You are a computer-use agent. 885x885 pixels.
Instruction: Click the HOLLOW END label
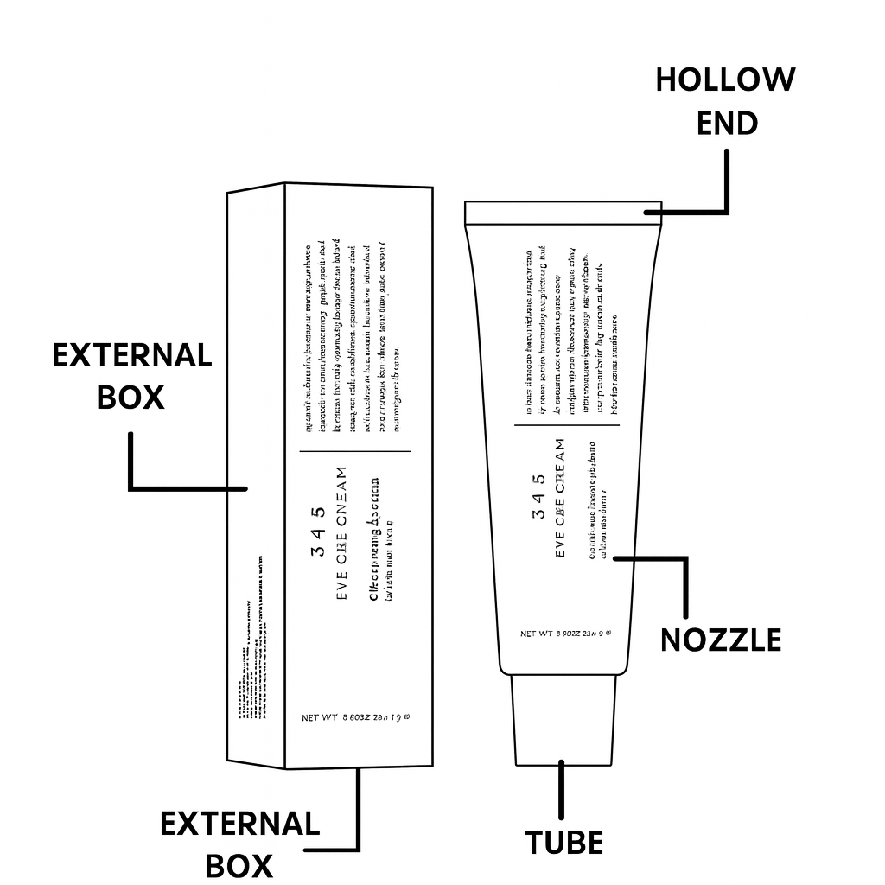(x=725, y=101)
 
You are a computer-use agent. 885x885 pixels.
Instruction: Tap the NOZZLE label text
(x=721, y=640)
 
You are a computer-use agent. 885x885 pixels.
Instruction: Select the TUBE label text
(x=563, y=842)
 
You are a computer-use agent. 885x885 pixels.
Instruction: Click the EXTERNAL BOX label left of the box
(x=131, y=376)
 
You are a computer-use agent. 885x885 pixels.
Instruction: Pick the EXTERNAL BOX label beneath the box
(x=239, y=844)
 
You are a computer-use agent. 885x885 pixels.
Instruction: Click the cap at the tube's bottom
(x=563, y=719)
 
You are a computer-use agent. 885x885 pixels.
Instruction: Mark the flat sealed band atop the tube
(x=563, y=213)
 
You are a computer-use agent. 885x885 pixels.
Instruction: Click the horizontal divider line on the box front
(x=355, y=451)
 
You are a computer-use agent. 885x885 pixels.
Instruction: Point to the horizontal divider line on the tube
(x=567, y=425)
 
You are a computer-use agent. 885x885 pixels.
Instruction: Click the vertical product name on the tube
(x=560, y=498)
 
